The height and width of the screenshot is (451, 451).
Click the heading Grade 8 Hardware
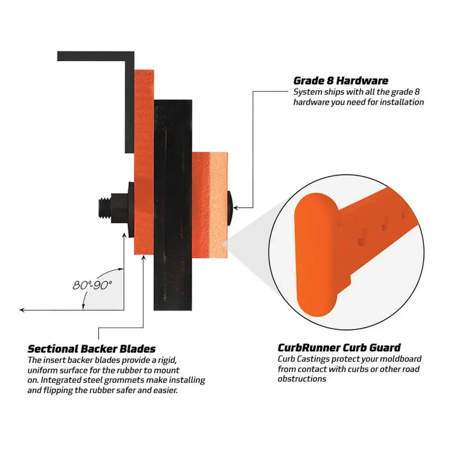click(x=341, y=81)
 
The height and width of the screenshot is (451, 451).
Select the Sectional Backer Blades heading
click(x=92, y=349)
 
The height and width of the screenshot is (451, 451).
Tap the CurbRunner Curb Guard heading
click(x=339, y=348)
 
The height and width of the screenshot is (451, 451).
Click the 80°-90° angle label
click(x=92, y=285)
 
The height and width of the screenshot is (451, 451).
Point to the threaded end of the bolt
click(x=105, y=208)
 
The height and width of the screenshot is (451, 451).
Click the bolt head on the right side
click(x=230, y=207)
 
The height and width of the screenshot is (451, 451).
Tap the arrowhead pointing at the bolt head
click(x=235, y=207)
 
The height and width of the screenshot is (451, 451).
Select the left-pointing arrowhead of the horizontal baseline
click(x=22, y=310)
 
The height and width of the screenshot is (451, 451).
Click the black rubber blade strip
click(x=173, y=205)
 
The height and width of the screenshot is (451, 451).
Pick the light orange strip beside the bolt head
click(x=219, y=205)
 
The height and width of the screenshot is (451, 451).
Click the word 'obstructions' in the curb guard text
click(x=302, y=379)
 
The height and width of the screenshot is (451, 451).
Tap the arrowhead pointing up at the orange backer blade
click(x=143, y=258)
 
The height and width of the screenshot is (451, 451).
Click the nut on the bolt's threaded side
click(x=120, y=208)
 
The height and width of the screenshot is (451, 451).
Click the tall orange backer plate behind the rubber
click(x=144, y=162)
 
